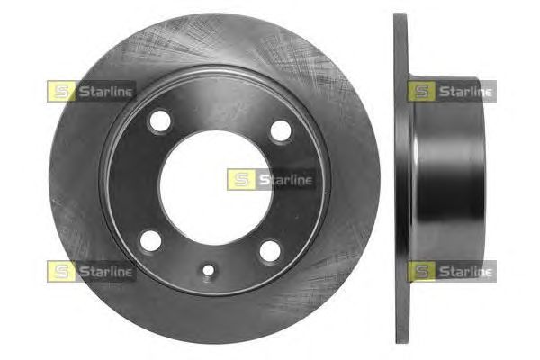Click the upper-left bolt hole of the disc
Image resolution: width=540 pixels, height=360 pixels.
click(x=160, y=121)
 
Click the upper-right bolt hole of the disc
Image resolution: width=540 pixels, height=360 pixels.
click(x=281, y=130)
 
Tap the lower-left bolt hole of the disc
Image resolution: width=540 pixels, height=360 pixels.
click(x=150, y=241)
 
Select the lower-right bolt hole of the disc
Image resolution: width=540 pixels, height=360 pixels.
click(x=270, y=251)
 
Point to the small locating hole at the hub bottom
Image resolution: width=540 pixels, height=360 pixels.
click(x=209, y=270)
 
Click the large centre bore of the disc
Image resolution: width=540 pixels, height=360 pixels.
click(x=216, y=188)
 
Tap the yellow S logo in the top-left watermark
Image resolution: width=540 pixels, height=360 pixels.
click(x=61, y=91)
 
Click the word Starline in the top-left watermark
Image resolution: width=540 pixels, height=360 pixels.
click(x=105, y=92)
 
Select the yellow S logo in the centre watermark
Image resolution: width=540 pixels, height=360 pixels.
click(x=241, y=179)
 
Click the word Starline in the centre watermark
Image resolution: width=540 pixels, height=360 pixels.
click(x=286, y=180)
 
